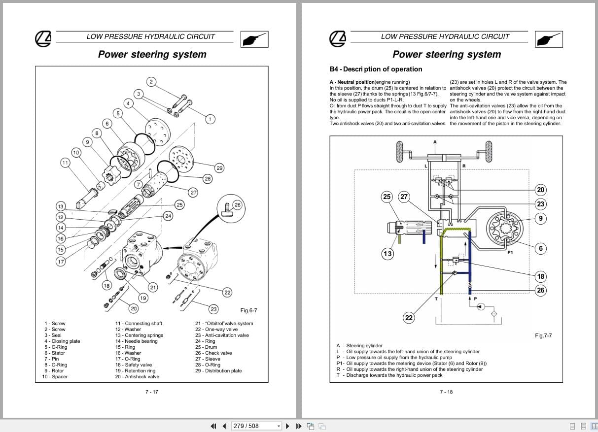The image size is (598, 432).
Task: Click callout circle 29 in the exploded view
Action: (219, 168)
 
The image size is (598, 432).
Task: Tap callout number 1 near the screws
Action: (210, 119)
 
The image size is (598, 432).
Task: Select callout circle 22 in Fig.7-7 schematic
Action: (409, 318)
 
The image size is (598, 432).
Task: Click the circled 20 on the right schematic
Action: (541, 190)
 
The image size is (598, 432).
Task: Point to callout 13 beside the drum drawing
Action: (387, 254)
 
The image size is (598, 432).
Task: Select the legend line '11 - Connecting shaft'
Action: (139, 324)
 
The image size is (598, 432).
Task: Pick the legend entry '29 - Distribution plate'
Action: (218, 371)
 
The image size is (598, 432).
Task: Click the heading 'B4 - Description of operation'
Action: (376, 69)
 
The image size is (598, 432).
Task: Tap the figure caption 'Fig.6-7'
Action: (248, 310)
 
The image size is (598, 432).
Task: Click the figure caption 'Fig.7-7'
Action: (543, 335)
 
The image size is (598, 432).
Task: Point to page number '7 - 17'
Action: (151, 392)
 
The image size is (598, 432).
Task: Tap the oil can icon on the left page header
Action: (255, 39)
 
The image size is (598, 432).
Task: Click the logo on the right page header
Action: (338, 39)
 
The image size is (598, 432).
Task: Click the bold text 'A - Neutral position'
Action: (352, 82)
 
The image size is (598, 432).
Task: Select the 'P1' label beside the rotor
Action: (510, 253)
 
